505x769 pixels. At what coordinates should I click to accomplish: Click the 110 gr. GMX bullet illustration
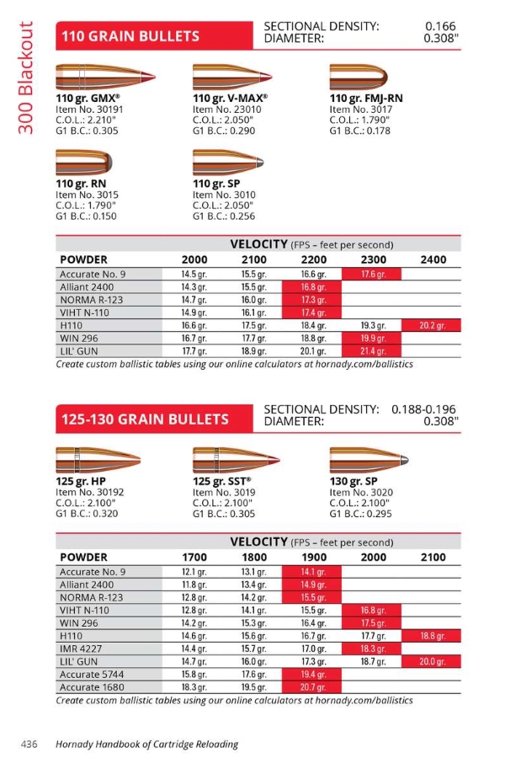point(96,77)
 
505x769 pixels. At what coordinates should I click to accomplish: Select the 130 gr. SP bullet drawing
point(371,460)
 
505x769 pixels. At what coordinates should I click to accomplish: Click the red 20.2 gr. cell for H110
point(432,325)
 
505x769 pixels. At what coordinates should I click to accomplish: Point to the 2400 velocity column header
point(433,259)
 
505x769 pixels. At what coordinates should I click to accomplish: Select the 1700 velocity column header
point(194,557)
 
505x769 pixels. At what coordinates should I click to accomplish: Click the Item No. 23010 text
point(226,109)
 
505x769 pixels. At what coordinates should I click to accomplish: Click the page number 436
point(30,744)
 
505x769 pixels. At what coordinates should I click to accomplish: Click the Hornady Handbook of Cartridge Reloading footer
point(146,744)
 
